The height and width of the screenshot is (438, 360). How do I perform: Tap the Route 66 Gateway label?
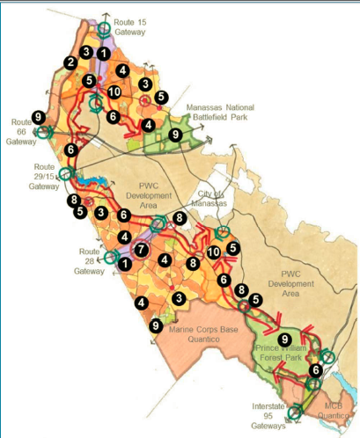click(x=20, y=130)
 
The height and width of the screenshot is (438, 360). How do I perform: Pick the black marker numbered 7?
click(x=143, y=250)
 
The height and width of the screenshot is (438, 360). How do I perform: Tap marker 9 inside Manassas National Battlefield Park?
click(x=174, y=135)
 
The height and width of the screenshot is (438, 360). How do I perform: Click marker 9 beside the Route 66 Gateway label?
click(x=38, y=116)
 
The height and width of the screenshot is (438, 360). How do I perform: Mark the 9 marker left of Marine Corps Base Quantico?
click(x=156, y=325)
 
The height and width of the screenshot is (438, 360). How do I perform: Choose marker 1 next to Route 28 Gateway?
click(x=125, y=262)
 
